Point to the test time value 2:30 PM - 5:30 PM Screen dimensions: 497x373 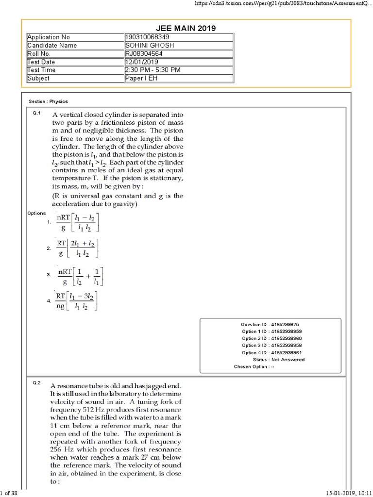tap(153, 70)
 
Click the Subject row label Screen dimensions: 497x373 tap(38, 78)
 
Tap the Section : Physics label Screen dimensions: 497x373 tap(48, 101)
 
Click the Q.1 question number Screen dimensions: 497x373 tap(36, 113)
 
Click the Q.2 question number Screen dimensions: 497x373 tap(36, 383)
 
